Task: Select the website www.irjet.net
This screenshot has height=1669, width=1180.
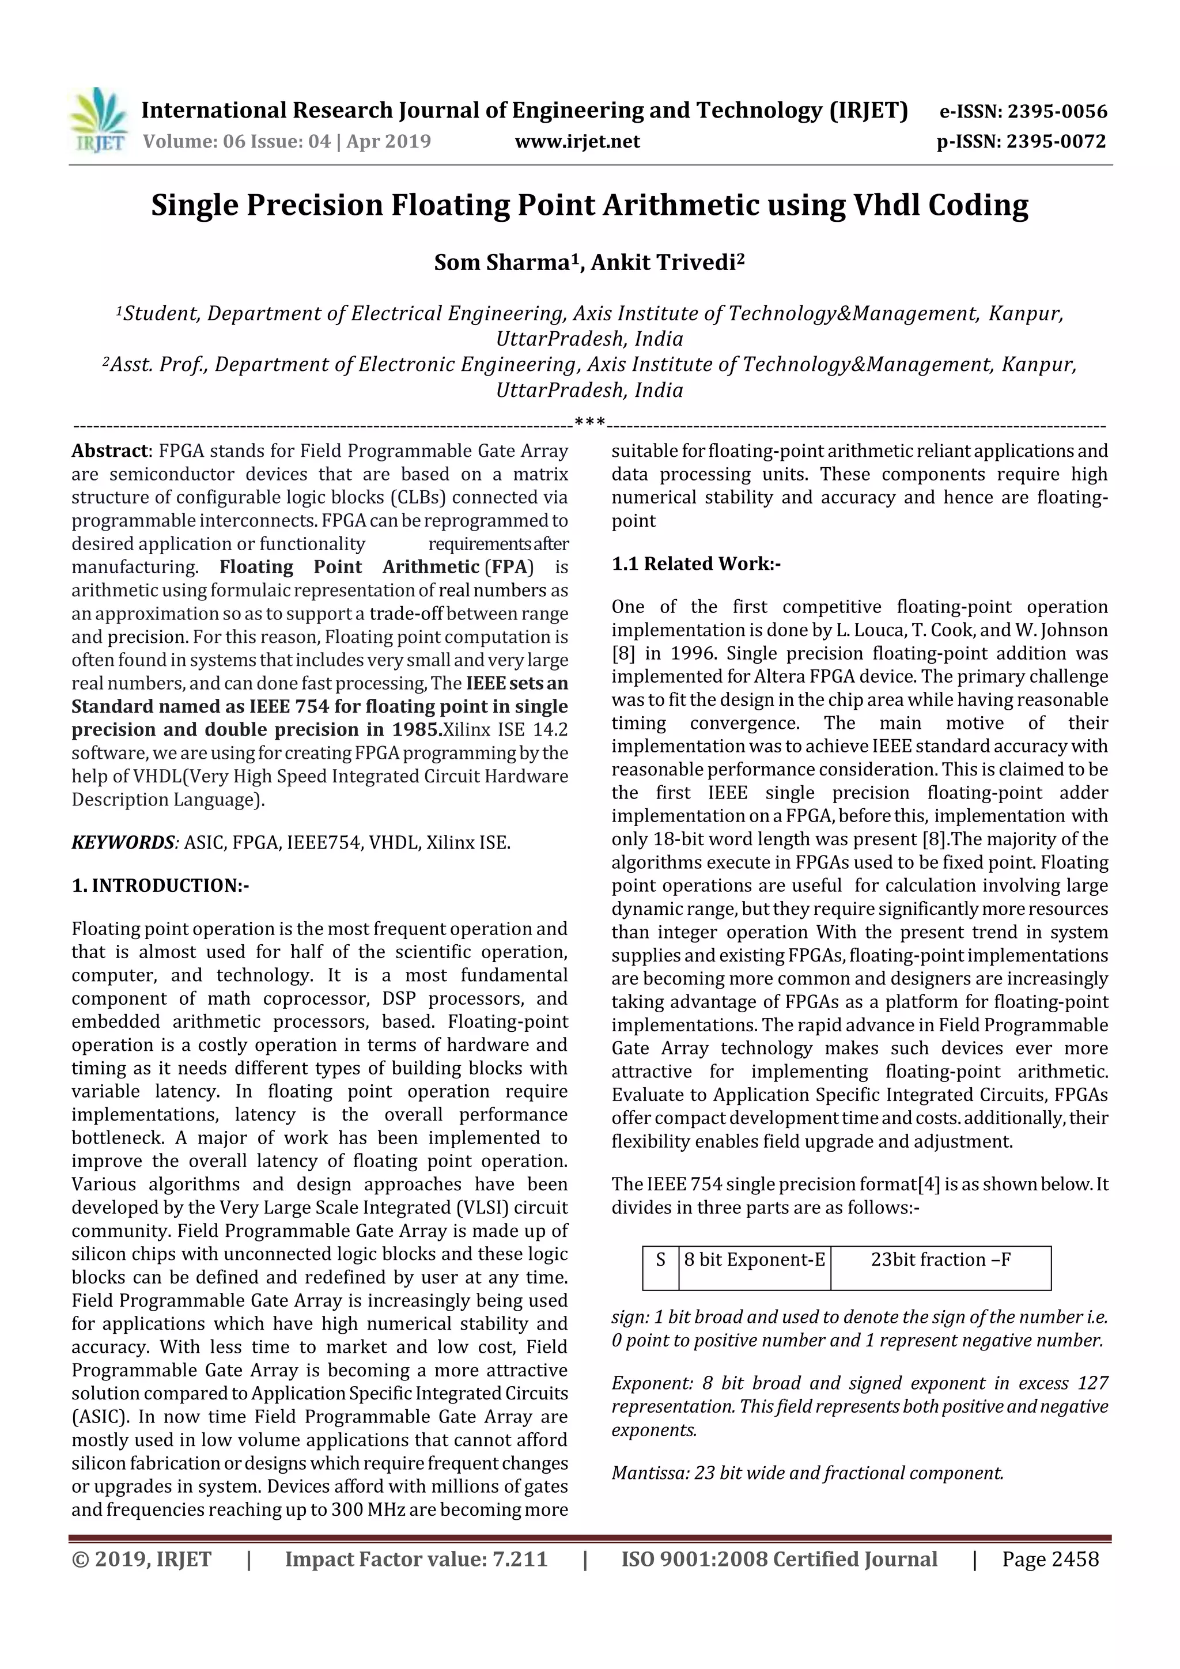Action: tap(577, 141)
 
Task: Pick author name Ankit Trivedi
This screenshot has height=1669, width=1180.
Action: tap(664, 262)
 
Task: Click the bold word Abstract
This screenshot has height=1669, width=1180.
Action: tap(109, 451)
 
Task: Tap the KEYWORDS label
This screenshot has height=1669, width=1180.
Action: tap(123, 842)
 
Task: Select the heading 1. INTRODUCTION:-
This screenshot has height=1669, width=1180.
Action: tap(160, 885)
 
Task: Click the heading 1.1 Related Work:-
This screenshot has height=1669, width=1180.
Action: tap(696, 563)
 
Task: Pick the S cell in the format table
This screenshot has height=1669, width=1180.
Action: tap(660, 1260)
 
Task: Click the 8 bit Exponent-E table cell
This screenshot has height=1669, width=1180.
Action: tap(754, 1260)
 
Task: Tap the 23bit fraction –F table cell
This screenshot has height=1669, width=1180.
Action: tap(941, 1260)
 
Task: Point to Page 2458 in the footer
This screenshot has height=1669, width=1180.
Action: tap(1050, 1559)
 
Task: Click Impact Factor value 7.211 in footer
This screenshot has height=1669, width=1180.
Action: tap(416, 1559)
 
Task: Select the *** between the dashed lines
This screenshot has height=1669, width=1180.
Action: tap(589, 422)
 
